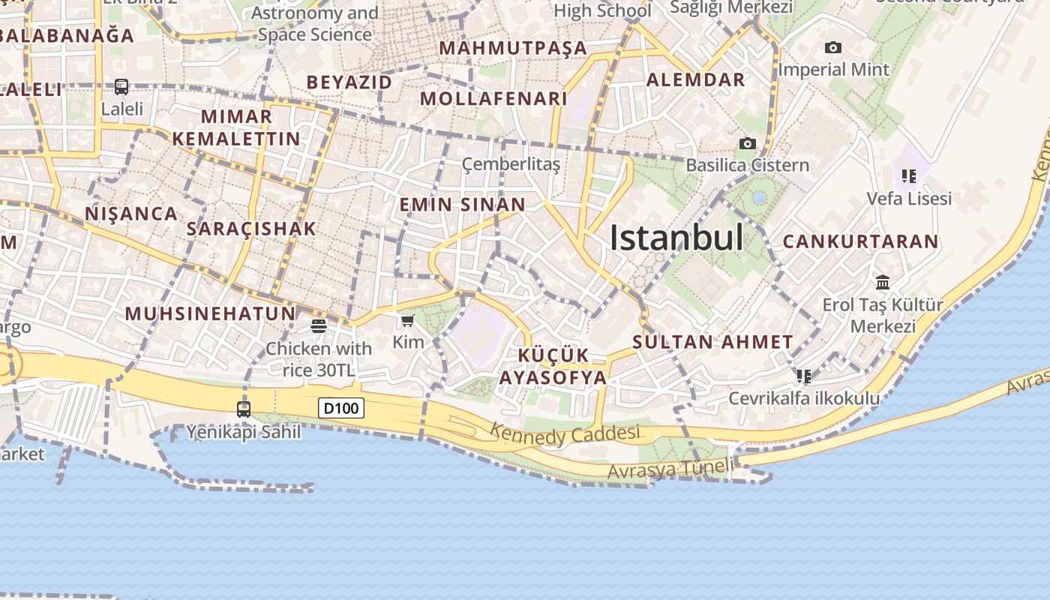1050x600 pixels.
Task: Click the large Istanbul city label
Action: (676, 238)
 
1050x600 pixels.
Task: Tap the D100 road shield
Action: (341, 408)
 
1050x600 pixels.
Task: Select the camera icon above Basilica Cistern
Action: (747, 143)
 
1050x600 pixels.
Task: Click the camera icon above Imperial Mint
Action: (832, 48)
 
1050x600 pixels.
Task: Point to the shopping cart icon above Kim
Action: (407, 321)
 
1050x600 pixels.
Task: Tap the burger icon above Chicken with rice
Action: (319, 326)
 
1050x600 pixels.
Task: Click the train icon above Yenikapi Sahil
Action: (244, 409)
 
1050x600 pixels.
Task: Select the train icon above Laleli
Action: (121, 87)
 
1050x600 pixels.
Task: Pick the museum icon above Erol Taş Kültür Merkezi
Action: (883, 283)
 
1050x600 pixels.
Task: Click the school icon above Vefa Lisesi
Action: (909, 176)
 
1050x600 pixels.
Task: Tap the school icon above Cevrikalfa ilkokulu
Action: (804, 376)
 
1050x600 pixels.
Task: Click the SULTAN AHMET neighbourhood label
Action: (712, 342)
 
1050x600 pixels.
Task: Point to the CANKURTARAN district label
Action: (860, 241)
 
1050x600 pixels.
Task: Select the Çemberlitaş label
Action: (511, 164)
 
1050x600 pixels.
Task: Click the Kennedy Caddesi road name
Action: (565, 433)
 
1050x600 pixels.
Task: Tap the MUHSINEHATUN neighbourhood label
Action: (210, 313)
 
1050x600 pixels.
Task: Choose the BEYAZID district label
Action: (349, 82)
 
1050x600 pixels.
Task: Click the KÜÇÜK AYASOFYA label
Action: (553, 366)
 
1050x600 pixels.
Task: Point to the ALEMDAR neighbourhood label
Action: (696, 79)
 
